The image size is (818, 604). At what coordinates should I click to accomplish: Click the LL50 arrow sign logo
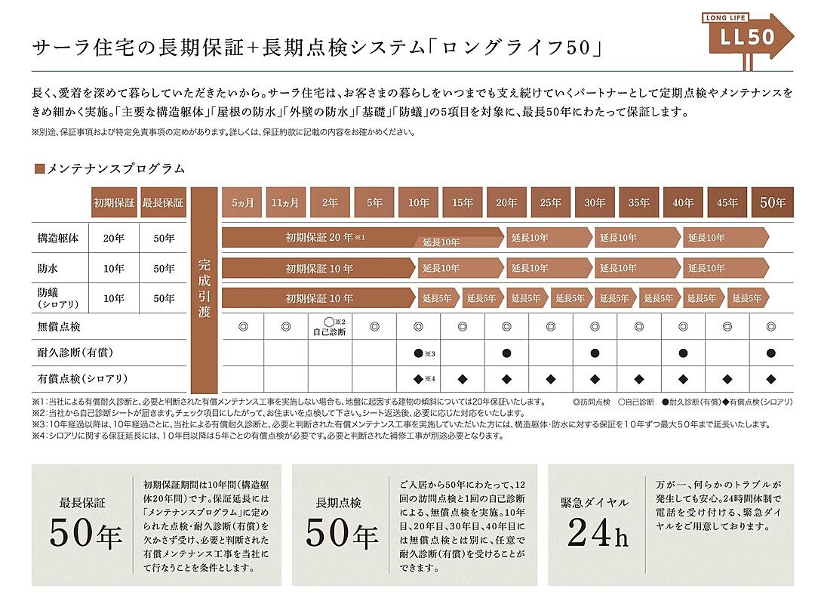pos(746,36)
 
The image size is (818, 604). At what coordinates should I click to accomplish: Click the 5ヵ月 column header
pos(242,202)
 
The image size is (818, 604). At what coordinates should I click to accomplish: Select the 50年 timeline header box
pos(772,202)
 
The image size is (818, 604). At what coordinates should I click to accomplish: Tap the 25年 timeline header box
pos(550,202)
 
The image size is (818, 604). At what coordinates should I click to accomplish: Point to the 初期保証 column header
pos(114,202)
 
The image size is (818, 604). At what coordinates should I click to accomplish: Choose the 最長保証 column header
pos(163,202)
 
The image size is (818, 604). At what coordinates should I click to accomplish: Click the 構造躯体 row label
pos(57,238)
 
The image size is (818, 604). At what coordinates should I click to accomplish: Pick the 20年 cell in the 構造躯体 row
pos(114,238)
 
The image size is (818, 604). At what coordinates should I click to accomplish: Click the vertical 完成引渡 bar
pos(204,288)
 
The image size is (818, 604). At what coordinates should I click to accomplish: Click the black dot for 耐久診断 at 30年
pos(595,353)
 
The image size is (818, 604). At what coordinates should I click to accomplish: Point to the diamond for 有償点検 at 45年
pos(727,378)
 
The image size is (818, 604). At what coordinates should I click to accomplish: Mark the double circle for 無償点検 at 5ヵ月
pos(242,326)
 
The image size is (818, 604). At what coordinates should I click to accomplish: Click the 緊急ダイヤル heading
pos(595,502)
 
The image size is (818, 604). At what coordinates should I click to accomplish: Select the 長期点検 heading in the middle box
pos(341,502)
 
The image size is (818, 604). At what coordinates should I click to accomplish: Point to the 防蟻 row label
pos(49,292)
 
